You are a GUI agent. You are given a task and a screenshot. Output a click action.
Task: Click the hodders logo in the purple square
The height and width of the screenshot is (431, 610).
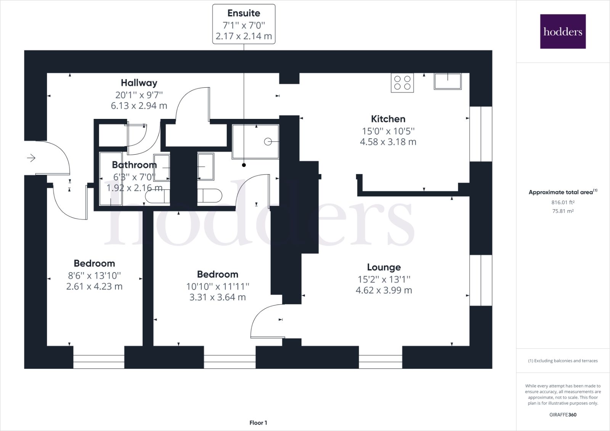563,31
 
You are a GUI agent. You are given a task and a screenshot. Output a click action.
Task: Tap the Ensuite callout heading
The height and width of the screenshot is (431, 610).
244,13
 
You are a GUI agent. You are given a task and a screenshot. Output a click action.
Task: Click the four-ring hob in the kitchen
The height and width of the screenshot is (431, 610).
402,83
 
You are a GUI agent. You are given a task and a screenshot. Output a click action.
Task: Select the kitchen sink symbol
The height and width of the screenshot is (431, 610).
448,81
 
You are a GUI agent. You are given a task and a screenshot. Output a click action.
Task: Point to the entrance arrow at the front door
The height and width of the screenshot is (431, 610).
31,157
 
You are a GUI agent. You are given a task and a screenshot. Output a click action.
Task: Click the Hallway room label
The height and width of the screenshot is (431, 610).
139,83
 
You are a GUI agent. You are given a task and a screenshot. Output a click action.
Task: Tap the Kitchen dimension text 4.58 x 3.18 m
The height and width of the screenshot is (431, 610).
388,142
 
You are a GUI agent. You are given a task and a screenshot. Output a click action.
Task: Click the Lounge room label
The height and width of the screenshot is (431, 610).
384,267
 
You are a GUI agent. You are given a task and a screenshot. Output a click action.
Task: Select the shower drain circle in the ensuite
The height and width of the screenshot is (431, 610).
268,142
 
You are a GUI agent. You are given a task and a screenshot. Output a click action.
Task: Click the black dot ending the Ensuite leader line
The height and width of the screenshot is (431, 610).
244,165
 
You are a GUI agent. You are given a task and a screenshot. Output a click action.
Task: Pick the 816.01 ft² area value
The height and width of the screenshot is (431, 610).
563,203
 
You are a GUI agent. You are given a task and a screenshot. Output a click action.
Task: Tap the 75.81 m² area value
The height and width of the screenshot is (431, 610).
563,211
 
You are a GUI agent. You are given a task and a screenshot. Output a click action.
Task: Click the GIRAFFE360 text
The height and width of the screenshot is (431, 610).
563,415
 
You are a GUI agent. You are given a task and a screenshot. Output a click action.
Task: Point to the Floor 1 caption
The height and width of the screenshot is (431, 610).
258,423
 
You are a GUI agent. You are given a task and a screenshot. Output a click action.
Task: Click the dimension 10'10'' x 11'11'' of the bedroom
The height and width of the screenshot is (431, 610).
217,286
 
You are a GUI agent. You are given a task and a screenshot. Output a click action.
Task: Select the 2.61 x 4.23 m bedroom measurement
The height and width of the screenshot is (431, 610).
94,287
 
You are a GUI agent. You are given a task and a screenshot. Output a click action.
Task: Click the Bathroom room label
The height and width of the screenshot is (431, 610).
134,165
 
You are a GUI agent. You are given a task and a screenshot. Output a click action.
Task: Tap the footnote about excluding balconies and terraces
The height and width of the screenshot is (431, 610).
563,361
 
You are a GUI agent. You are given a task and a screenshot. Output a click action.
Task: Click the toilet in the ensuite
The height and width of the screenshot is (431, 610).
209,195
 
